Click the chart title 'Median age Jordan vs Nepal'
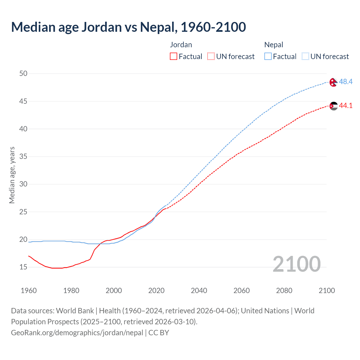(x=128, y=27)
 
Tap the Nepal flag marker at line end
(x=333, y=82)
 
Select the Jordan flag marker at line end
(x=334, y=106)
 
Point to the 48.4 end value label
(x=346, y=82)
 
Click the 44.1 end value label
(x=346, y=105)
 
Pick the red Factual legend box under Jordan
(x=174, y=57)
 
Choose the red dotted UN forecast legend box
(x=211, y=57)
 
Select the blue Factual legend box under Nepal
(x=268, y=57)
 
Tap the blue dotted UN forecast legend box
(x=305, y=57)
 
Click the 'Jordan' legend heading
(x=181, y=45)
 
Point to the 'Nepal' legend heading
(x=274, y=45)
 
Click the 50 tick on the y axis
(x=23, y=73)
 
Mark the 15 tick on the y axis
(x=23, y=267)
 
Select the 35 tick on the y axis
(x=23, y=156)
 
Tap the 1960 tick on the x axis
(x=29, y=291)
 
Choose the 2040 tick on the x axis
(x=199, y=291)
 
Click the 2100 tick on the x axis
(x=327, y=291)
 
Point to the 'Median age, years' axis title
(x=12, y=175)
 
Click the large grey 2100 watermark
(x=296, y=264)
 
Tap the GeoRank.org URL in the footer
(x=77, y=333)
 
